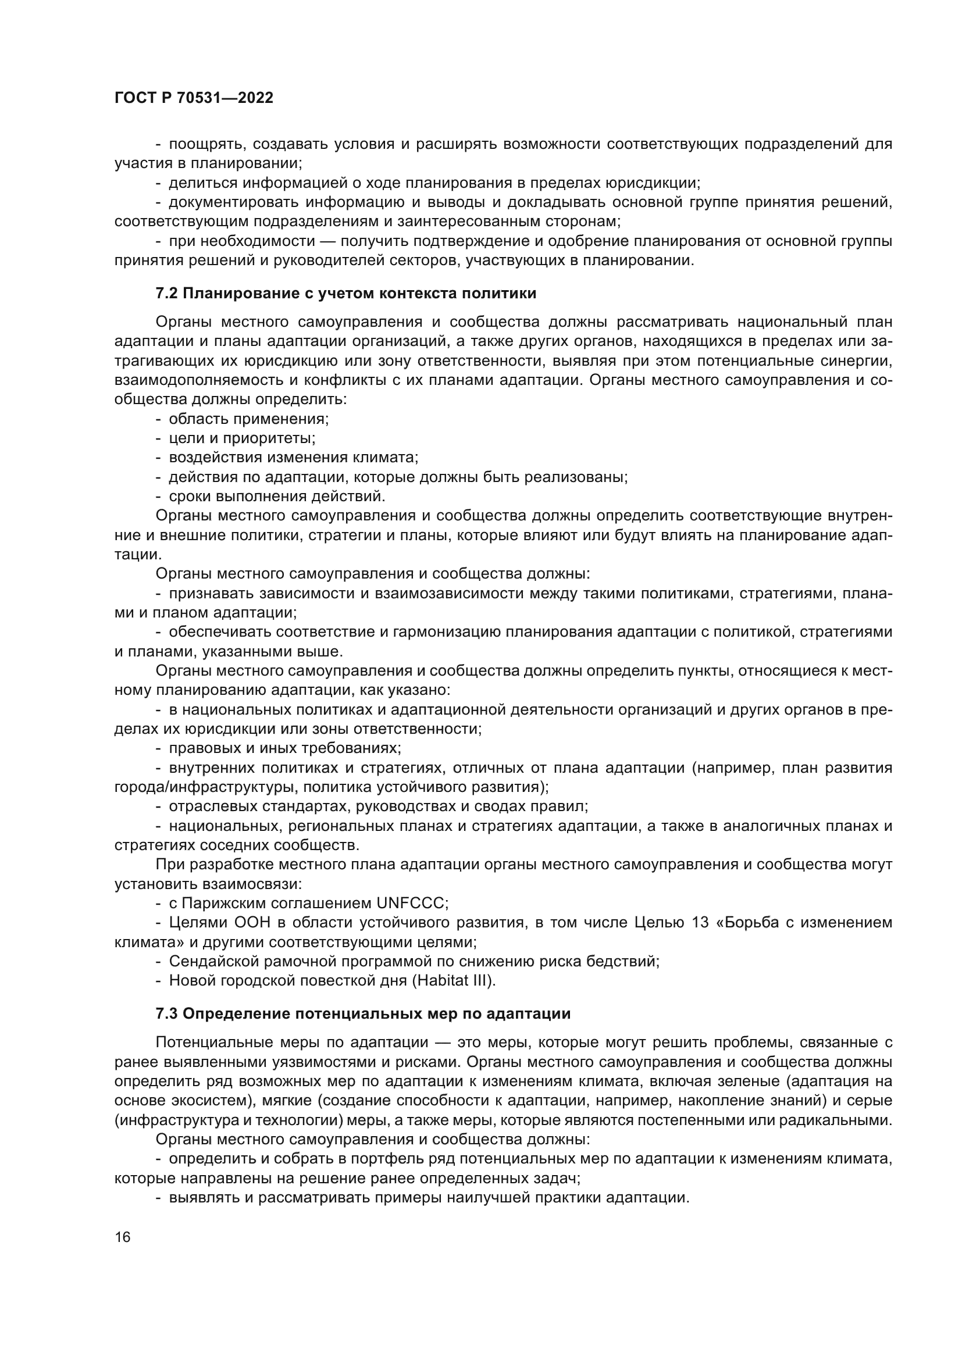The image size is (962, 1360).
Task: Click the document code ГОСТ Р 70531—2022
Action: click(x=194, y=98)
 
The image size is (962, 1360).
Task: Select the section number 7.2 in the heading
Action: click(x=166, y=294)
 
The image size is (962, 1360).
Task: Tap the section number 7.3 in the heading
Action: click(x=166, y=1013)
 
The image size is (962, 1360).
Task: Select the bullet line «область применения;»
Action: click(x=249, y=419)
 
